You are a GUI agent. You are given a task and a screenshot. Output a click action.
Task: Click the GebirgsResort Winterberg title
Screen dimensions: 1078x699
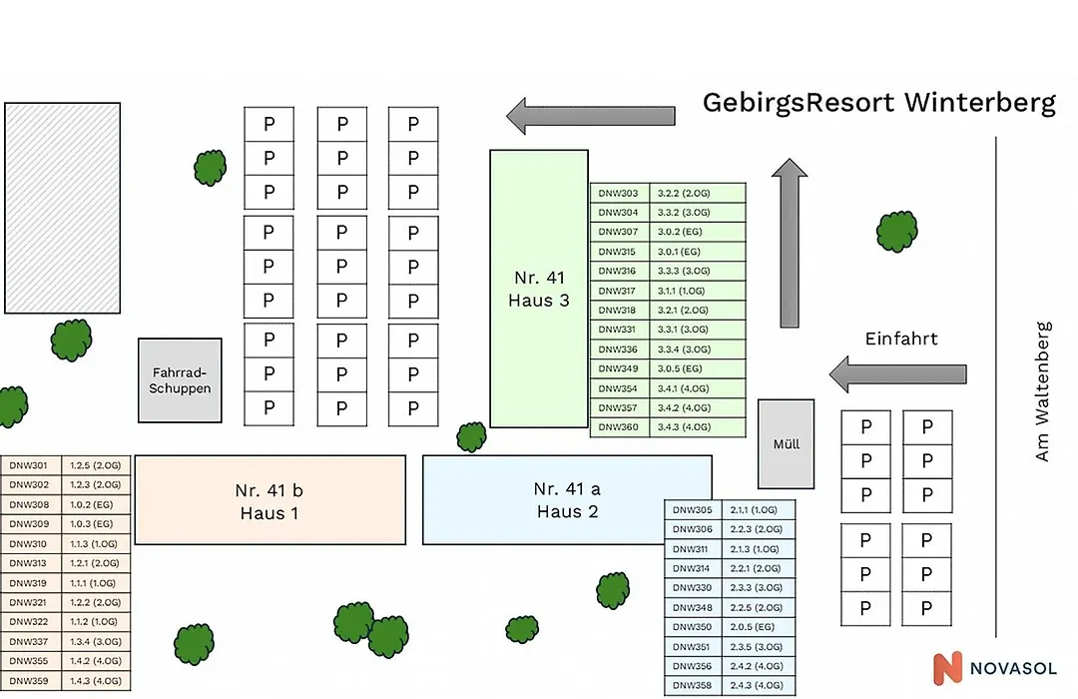[878, 103]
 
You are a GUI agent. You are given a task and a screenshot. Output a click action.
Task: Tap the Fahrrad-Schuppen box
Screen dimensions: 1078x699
[180, 380]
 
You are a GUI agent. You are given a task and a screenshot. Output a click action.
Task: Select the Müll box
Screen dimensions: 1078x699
[786, 444]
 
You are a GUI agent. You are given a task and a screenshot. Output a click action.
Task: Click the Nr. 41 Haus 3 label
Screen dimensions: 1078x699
[539, 289]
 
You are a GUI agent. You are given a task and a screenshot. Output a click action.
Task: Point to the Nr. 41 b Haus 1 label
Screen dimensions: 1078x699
[269, 501]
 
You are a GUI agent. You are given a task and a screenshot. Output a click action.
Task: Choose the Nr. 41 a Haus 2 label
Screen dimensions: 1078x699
[567, 500]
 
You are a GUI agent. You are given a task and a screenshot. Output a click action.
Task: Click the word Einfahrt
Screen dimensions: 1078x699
[901, 339]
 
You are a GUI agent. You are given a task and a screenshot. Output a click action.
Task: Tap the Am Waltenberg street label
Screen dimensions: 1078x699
[1043, 390]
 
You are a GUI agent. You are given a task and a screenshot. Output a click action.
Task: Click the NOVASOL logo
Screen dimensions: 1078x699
[994, 668]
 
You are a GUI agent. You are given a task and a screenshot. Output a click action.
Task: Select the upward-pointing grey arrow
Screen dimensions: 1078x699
[790, 243]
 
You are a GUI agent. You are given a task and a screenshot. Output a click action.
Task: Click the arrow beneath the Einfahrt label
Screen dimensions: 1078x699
[898, 374]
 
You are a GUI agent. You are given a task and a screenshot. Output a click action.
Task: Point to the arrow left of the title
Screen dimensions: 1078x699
[591, 116]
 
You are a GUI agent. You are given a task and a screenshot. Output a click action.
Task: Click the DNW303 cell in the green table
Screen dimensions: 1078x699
[618, 194]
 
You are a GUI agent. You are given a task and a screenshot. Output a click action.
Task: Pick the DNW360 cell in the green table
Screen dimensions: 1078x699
[618, 427]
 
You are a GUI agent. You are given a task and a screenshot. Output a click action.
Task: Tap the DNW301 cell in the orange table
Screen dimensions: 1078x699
[29, 465]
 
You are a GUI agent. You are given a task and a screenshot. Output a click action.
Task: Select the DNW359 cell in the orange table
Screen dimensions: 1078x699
[29, 681]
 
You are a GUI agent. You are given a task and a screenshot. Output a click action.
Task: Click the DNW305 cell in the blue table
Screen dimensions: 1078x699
[693, 510]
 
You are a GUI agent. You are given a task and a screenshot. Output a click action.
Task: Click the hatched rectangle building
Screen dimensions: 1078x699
[63, 209]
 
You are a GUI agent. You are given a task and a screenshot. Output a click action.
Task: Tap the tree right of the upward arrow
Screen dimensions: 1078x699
[897, 232]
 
